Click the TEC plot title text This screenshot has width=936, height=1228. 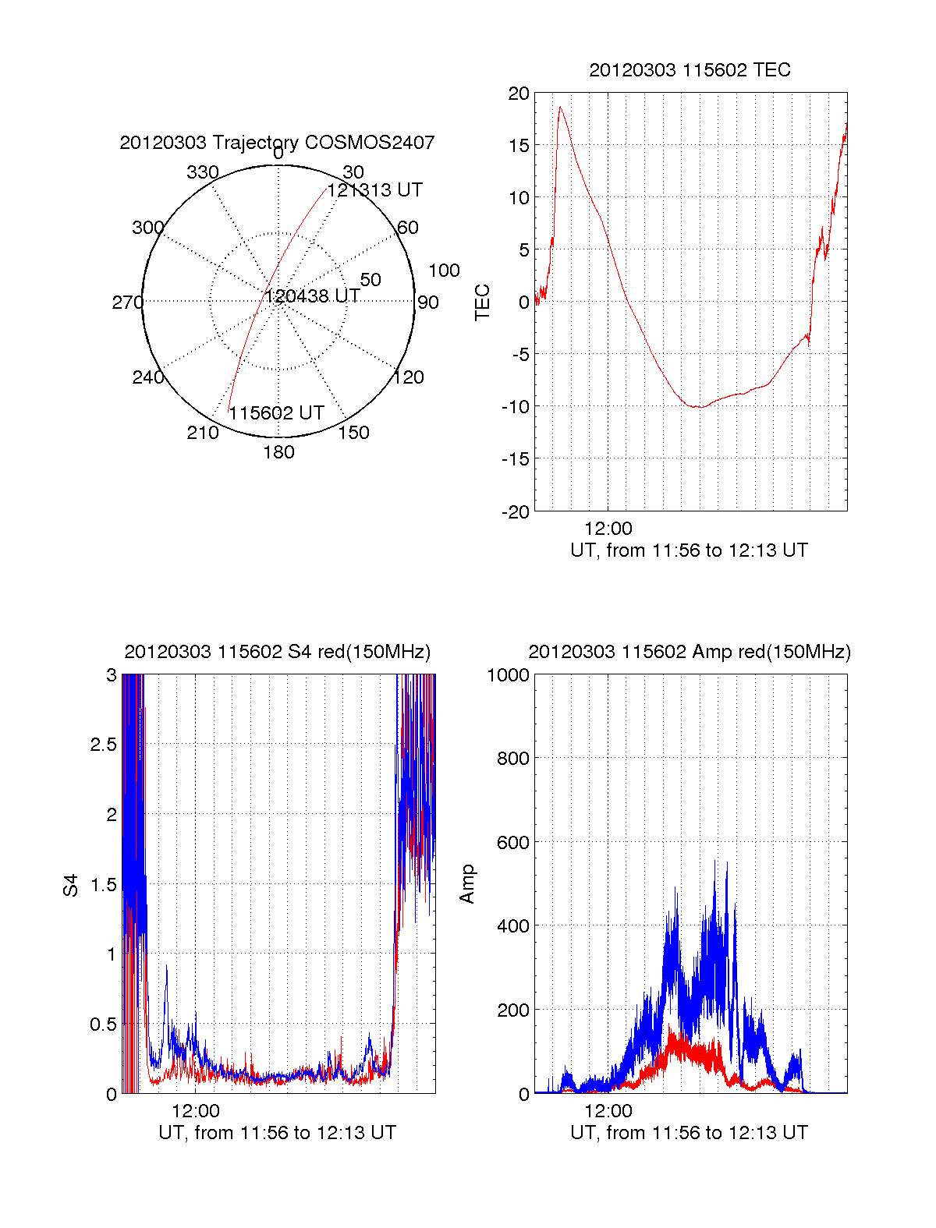pos(690,70)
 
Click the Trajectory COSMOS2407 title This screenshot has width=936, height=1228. pos(277,143)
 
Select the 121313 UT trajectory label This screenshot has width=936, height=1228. pos(374,190)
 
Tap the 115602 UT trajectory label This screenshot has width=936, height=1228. pos(276,413)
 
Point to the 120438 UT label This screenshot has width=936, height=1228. pos(312,296)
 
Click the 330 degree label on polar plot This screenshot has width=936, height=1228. pos(203,172)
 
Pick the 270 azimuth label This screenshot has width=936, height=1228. pos(127,303)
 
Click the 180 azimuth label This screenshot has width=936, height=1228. pos(278,452)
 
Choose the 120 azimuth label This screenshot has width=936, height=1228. pos(409,378)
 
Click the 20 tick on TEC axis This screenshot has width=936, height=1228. pos(519,94)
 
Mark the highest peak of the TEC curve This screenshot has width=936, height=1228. pos(560,107)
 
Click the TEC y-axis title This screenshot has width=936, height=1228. pos(483,303)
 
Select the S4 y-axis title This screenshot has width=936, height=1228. pos(71,885)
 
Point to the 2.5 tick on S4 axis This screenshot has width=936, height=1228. pos(103,745)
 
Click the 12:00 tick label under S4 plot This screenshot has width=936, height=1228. pos(196,1110)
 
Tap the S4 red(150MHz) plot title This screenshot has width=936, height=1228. pos(277,652)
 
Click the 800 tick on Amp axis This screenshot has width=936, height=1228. pos(512,759)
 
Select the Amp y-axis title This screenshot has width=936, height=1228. pos(467,884)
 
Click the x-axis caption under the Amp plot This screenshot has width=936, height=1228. pos(689,1133)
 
